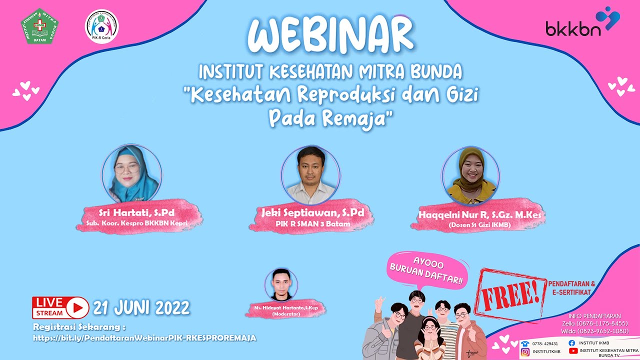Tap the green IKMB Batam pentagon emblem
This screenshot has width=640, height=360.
(x=39, y=25)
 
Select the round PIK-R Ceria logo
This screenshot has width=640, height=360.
(x=101, y=26)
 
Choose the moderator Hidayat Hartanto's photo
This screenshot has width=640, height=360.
(x=281, y=285)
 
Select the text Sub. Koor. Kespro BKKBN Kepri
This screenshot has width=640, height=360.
(x=136, y=223)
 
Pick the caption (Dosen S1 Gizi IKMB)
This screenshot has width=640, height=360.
(x=478, y=224)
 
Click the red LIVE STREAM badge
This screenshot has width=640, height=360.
(x=60, y=307)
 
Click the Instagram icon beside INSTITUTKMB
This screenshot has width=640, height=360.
(x=525, y=351)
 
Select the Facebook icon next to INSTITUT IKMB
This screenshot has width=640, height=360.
(x=572, y=343)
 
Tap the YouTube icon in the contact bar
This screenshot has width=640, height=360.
(x=572, y=351)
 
